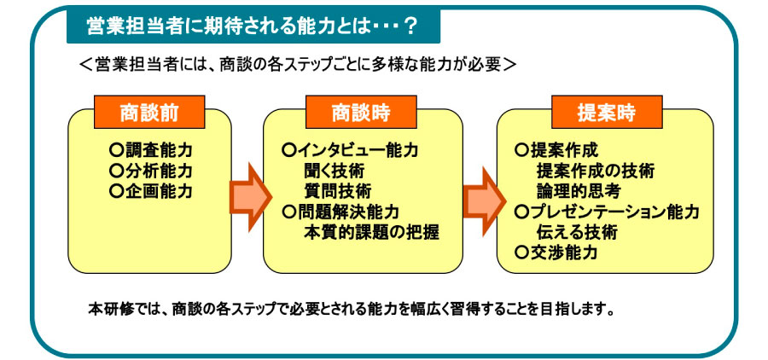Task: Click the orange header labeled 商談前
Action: point(149,112)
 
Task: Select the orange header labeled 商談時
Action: point(361,112)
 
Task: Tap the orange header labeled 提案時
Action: point(607,112)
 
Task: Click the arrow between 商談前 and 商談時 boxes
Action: point(250,196)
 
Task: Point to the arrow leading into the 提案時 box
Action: point(484,196)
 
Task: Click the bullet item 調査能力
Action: point(151,149)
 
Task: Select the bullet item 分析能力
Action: point(151,171)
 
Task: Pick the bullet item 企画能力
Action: point(151,191)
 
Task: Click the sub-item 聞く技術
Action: point(334,171)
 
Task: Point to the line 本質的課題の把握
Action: point(371,232)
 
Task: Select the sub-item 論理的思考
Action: point(579,191)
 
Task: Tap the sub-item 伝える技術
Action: point(577,232)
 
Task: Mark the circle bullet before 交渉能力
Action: point(521,253)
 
